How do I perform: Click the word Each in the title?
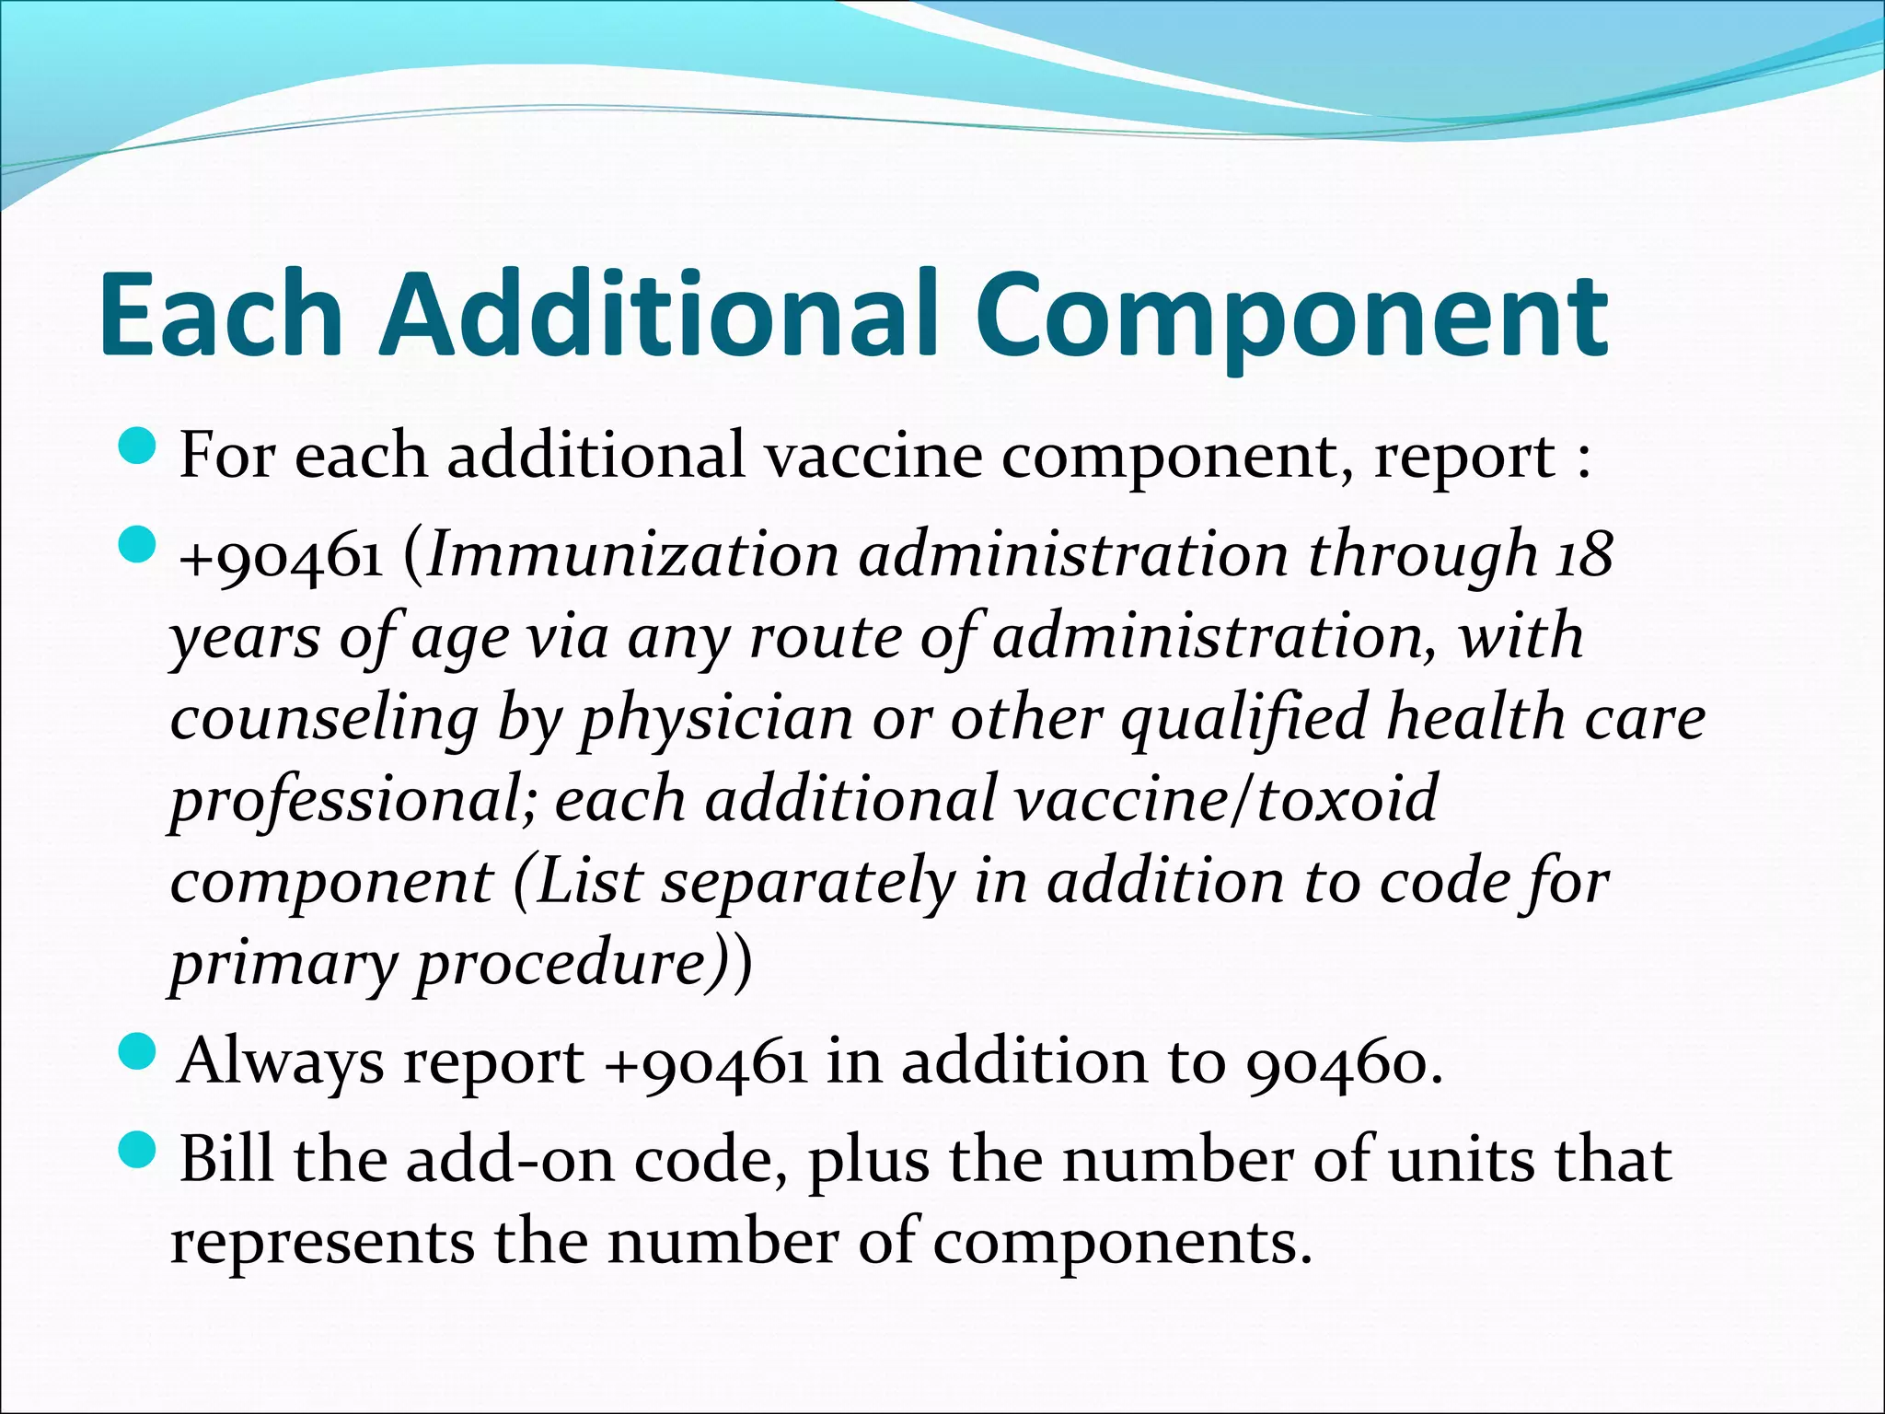pos(221,315)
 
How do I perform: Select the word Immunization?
pos(633,556)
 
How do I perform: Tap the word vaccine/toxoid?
pos(1226,799)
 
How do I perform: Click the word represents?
pos(322,1243)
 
